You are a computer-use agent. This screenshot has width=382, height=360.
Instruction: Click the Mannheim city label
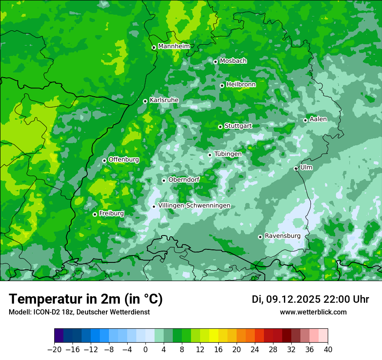(174, 46)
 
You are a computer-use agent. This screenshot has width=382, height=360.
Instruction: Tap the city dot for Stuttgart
(220, 127)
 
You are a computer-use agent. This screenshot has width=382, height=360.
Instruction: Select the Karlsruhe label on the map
(164, 100)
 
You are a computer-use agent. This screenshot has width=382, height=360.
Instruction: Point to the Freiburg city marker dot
(95, 214)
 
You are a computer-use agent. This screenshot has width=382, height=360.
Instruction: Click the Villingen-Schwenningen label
(194, 206)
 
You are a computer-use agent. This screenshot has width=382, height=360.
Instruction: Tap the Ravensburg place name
(282, 236)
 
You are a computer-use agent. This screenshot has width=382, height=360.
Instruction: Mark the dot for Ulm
(296, 168)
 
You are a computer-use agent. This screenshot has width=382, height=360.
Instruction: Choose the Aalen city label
(318, 119)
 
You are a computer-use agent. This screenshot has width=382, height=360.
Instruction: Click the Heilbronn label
(241, 85)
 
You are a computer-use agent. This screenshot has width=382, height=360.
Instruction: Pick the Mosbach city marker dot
(215, 62)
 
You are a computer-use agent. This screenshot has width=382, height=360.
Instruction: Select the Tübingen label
(228, 154)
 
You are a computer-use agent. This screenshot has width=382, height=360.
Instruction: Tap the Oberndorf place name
(184, 180)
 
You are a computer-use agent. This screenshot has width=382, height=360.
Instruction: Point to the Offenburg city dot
(104, 160)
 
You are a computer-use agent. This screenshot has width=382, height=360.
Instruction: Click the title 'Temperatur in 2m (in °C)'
(86, 299)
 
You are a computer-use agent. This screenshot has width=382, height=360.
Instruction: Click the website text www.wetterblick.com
(313, 312)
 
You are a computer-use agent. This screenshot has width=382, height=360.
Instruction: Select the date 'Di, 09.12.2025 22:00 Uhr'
(310, 299)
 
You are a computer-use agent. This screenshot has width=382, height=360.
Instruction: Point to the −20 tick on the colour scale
(54, 350)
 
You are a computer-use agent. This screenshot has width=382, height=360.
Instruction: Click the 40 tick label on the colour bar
(328, 350)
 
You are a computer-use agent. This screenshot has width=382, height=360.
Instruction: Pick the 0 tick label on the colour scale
(145, 350)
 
